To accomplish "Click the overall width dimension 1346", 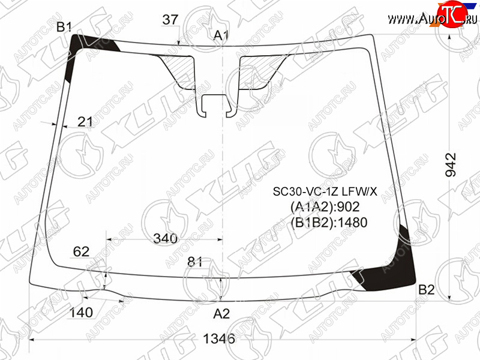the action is (x=219, y=338).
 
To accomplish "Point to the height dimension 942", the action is (x=451, y=164).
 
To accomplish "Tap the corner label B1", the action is (x=64, y=27).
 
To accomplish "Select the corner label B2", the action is (x=427, y=289).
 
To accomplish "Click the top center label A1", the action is (x=221, y=35).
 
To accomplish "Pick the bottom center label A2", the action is (x=221, y=314).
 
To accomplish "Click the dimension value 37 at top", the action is (x=170, y=20).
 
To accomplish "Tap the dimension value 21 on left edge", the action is (x=85, y=122).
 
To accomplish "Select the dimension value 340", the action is (x=166, y=238).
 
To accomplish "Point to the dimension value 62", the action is (x=81, y=251).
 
